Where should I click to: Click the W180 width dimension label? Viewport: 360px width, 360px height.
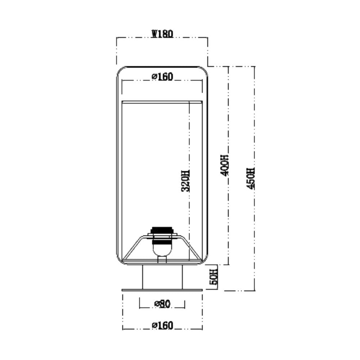(x=162, y=34)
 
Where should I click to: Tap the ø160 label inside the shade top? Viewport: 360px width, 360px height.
(x=162, y=77)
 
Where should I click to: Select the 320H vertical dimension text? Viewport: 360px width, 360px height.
(x=185, y=181)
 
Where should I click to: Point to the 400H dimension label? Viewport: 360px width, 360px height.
(x=225, y=165)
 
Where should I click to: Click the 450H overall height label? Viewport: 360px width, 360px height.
(x=251, y=179)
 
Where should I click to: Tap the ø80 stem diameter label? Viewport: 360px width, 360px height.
(x=163, y=304)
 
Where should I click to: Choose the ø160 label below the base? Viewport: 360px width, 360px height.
(x=162, y=325)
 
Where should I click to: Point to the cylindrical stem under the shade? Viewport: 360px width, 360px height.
(x=163, y=277)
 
